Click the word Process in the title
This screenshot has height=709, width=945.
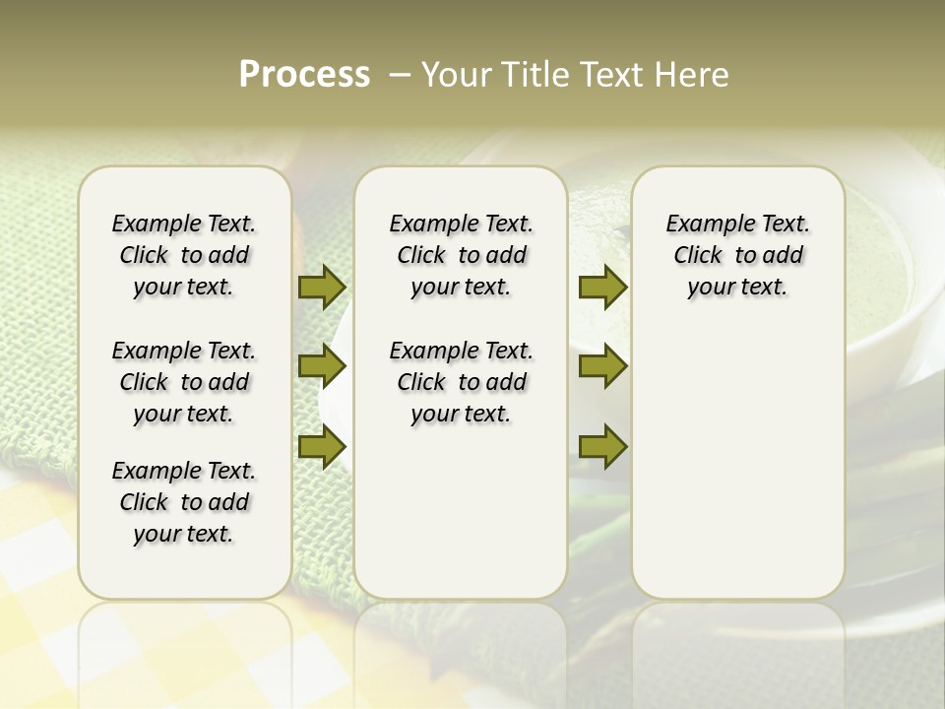tap(304, 75)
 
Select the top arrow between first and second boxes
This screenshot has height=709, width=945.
tap(322, 288)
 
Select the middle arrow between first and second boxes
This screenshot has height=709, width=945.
tap(322, 366)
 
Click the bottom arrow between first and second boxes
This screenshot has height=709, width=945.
tap(322, 447)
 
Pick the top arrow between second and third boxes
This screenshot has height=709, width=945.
tap(602, 288)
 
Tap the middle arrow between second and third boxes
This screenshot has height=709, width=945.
tap(602, 366)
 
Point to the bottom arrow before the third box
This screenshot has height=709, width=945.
tap(602, 447)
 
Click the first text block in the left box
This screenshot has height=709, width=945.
tap(184, 255)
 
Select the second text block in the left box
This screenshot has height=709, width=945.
tap(184, 382)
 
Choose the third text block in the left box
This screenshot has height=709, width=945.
tap(184, 502)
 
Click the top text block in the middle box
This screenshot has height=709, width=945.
tap(461, 255)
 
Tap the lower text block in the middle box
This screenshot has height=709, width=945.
tap(461, 382)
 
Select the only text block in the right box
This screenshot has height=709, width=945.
tap(737, 255)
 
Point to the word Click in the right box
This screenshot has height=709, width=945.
tap(698, 256)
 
